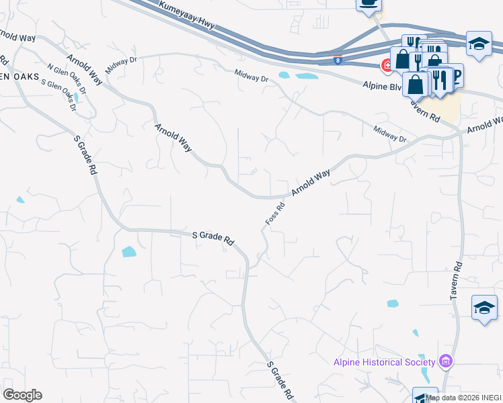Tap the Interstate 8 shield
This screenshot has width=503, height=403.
[x=338, y=60]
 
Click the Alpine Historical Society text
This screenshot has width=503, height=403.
[x=385, y=362]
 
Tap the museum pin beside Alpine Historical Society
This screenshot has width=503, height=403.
[x=444, y=362]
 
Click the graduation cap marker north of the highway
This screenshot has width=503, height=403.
[x=478, y=44]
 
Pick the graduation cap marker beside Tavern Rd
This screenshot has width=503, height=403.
[x=484, y=308]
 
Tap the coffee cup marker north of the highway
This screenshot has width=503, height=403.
[x=369, y=3]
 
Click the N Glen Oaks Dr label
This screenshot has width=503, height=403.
[x=67, y=79]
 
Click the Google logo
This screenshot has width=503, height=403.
[x=22, y=395]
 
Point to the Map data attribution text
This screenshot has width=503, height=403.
[x=463, y=398]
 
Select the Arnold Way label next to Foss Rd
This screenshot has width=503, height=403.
[x=310, y=183]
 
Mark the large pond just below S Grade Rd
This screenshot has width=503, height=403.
[x=128, y=252]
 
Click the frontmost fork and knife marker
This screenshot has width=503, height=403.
[x=440, y=81]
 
